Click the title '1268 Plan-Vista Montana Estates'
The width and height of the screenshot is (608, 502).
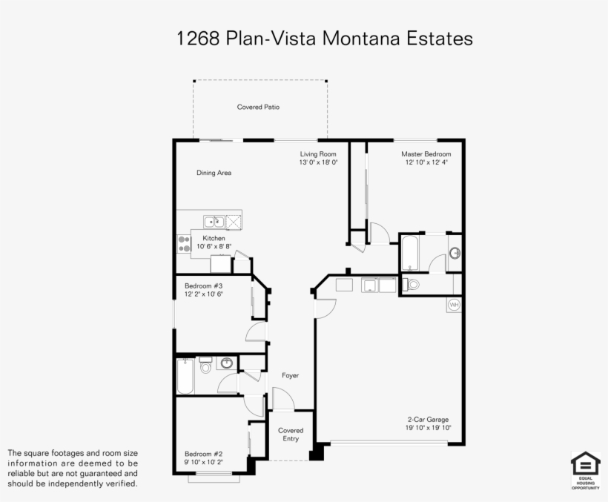pos(324,39)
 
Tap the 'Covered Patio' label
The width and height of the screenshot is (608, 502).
pos(258,108)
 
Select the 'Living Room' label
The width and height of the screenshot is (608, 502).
pos(318,153)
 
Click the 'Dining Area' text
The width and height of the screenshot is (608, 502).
pos(214,173)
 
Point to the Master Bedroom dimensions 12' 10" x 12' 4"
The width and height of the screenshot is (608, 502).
pos(426,162)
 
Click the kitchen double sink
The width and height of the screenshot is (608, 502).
pos(214,221)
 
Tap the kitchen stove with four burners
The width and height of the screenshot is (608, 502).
pos(184,244)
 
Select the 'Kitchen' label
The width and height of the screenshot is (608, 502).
pos(214,238)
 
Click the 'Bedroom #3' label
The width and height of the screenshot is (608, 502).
pos(203,285)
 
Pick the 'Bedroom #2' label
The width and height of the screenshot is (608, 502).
pos(203,454)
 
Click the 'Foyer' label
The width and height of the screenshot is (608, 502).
pos(290,376)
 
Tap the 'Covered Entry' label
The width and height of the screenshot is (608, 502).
pos(291,435)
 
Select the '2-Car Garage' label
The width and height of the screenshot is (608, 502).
pos(427,420)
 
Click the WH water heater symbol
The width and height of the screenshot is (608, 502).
pos(454,305)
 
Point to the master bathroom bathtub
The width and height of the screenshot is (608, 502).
pos(411,254)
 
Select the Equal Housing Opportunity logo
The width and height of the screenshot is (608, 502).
pos(585,470)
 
